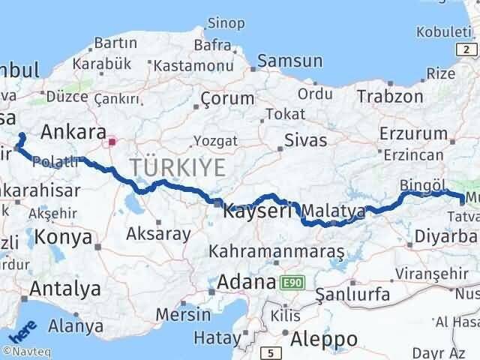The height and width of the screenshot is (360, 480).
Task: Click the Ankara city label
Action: (73, 132)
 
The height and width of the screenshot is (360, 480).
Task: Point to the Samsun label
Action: (290, 61)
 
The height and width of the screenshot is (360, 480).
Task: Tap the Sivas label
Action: (306, 140)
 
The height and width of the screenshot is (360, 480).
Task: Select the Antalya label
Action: (64, 288)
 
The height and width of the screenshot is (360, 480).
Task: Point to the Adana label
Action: (247, 283)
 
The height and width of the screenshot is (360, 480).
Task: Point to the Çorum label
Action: (228, 98)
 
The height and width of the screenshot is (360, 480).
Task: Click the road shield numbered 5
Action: (269, 352)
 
